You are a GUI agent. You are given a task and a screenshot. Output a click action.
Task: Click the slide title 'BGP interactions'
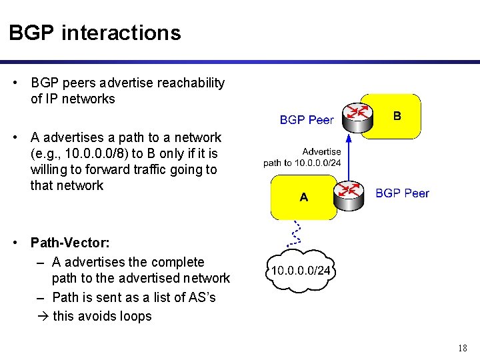click(95, 33)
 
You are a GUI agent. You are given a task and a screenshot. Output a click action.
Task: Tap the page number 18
click(463, 348)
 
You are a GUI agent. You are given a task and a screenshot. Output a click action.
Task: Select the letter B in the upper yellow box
click(397, 116)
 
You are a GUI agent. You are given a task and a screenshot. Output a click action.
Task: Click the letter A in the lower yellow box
click(304, 197)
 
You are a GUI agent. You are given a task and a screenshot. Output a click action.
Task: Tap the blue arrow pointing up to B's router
click(349, 157)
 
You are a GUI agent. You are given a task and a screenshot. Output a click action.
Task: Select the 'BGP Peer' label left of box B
click(307, 120)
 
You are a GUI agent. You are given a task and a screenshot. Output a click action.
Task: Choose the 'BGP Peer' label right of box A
click(402, 193)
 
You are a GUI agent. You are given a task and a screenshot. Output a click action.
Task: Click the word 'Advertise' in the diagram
click(321, 151)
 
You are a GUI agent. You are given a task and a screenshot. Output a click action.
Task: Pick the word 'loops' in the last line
click(135, 316)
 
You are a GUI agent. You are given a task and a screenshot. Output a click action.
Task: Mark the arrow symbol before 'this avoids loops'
click(43, 316)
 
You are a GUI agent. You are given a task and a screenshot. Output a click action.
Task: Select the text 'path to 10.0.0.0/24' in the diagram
click(302, 163)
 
